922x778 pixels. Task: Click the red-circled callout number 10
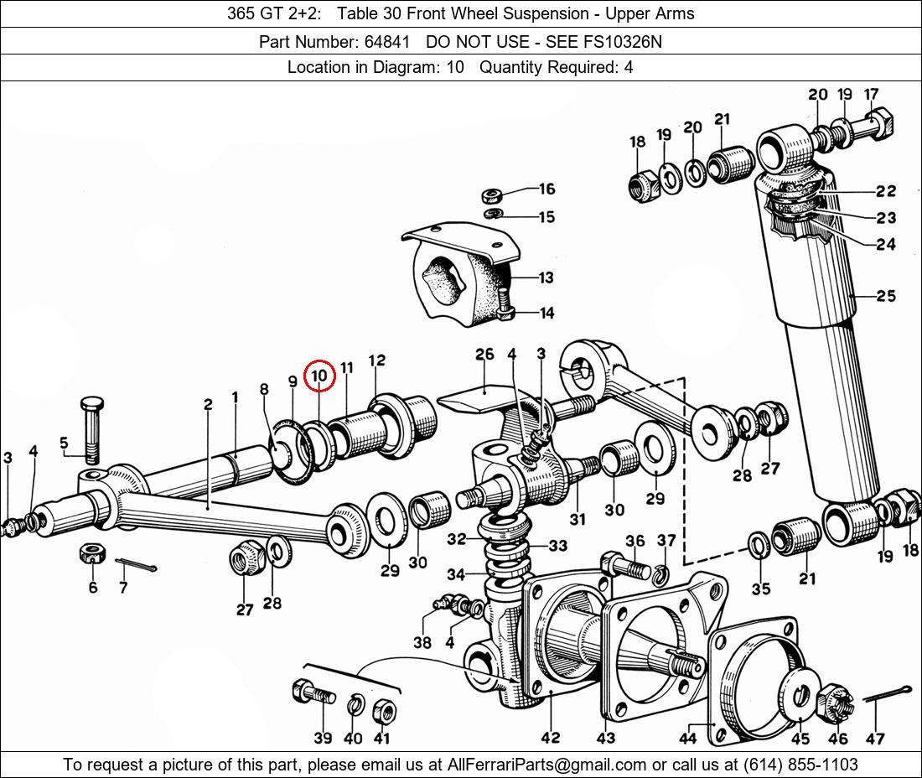[319, 376]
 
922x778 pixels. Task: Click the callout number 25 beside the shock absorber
[886, 296]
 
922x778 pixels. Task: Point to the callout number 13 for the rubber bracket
[546, 277]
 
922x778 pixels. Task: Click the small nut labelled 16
[491, 194]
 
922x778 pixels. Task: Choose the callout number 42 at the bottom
[551, 738]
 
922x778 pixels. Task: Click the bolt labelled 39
[313, 693]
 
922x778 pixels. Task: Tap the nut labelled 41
[385, 712]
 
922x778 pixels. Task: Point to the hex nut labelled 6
[91, 552]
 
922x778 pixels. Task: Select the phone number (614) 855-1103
[800, 765]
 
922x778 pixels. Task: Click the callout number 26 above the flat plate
[485, 354]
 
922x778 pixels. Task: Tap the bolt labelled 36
[625, 567]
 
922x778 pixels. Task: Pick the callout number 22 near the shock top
[886, 190]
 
